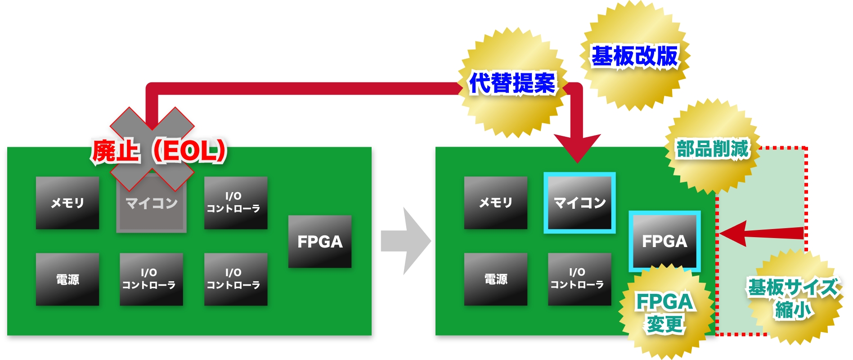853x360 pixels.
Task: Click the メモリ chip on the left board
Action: click(67, 203)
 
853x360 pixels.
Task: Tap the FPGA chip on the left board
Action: click(320, 242)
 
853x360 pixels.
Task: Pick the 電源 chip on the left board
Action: click(67, 279)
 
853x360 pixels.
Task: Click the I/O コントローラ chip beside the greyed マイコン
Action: click(236, 203)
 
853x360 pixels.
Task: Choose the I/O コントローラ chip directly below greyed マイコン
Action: click(151, 279)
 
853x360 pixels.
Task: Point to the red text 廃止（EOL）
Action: click(159, 151)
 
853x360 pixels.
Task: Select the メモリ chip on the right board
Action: click(496, 203)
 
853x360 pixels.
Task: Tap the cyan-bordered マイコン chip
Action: click(579, 203)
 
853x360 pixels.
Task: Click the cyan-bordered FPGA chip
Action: click(664, 241)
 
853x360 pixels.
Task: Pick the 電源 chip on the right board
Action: click(496, 279)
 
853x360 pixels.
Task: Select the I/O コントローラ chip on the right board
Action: click(579, 279)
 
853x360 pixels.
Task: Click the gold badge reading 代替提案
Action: click(512, 83)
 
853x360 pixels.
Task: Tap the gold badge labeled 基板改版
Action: click(634, 56)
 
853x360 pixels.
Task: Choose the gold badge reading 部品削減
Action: click(712, 148)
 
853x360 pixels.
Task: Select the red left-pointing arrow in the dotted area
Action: click(760, 233)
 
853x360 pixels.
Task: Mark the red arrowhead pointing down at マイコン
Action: click(577, 148)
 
